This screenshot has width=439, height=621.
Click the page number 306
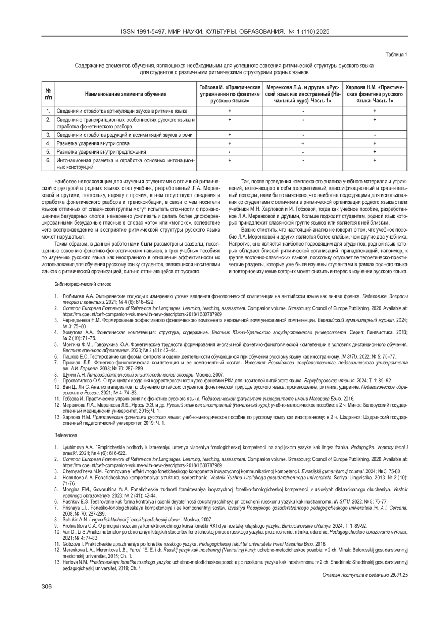point(47,587)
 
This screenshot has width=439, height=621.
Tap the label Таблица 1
point(397,55)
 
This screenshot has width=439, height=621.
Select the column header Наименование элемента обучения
point(125,94)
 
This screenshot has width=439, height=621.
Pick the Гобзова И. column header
point(230,94)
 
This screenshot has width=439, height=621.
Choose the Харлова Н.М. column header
point(375,94)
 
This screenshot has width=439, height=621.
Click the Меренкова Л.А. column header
point(303,94)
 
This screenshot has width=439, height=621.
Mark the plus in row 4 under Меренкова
point(303,143)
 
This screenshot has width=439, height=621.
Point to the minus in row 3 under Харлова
point(375,135)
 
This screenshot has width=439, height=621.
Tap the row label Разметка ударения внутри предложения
point(101,152)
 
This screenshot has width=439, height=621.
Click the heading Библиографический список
point(83,284)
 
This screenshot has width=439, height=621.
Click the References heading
point(66,435)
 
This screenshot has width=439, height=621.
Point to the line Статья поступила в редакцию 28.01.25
point(365,575)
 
